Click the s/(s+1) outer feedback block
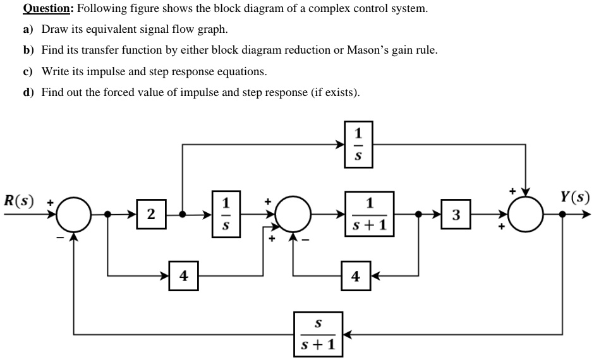pos(318,333)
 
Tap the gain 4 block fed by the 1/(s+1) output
pos(356,276)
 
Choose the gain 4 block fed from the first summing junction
pos(184,276)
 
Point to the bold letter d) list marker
pos(28,92)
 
